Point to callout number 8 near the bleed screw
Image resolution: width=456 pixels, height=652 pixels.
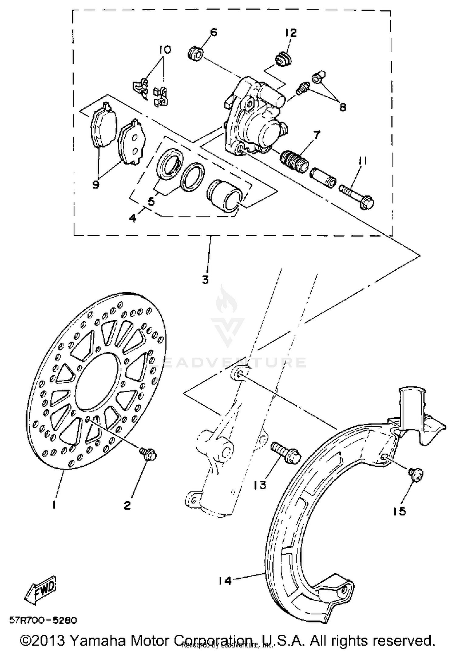pos(343,107)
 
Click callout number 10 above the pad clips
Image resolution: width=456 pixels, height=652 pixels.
pos(164,50)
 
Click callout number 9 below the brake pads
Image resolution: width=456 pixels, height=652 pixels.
pos(96,184)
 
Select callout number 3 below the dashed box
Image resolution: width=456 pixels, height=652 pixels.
pos(206,280)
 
